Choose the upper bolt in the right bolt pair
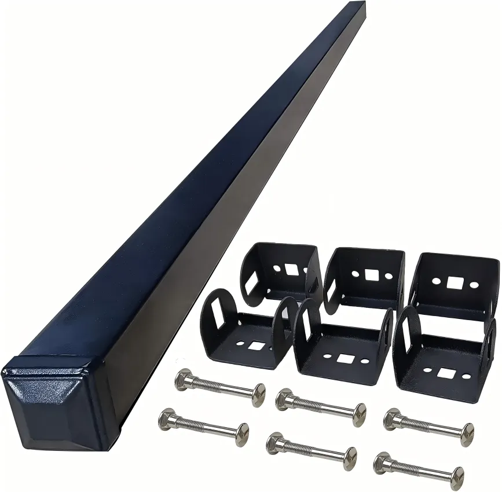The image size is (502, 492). pos(428,425)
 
